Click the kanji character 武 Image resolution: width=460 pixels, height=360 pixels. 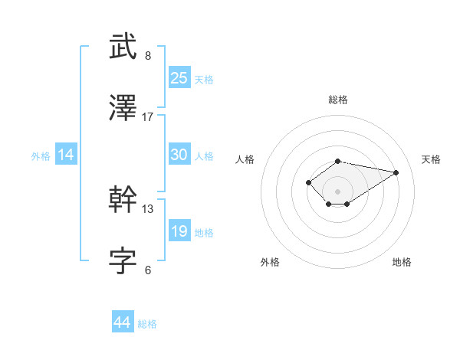click(x=123, y=47)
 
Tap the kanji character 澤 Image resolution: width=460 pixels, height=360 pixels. click(x=123, y=109)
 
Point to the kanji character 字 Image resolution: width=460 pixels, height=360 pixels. click(x=123, y=260)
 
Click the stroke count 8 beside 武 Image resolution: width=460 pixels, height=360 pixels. click(x=148, y=56)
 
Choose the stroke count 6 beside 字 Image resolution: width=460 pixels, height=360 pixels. click(x=148, y=269)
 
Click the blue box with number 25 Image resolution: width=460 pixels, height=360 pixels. click(x=179, y=77)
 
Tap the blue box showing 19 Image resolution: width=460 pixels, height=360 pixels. click(x=179, y=231)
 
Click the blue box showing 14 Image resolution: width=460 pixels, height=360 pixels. click(x=66, y=155)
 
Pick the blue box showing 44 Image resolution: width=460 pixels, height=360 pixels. click(x=123, y=322)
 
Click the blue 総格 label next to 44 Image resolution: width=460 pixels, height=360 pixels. click(x=147, y=324)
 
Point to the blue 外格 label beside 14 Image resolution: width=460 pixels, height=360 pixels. click(x=41, y=155)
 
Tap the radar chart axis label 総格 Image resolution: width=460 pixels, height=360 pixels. click(x=338, y=100)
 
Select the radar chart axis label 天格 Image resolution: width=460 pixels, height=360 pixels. click(x=431, y=159)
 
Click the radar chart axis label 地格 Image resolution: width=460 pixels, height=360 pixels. click(x=402, y=262)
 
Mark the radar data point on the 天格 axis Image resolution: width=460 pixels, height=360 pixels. click(x=396, y=172)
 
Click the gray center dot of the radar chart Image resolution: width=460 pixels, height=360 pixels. click(x=338, y=191)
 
